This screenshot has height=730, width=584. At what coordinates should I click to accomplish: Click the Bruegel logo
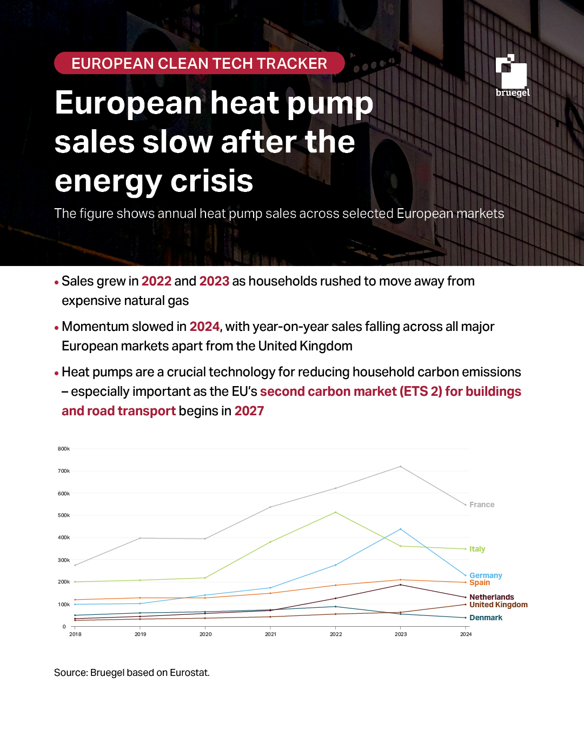tap(512, 76)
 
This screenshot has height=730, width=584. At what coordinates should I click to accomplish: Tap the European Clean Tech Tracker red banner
tap(199, 63)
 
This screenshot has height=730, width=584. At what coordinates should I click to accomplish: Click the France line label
tap(481, 505)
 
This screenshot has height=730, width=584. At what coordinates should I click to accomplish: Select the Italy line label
tap(477, 549)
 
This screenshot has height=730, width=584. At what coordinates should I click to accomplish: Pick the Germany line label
tap(486, 575)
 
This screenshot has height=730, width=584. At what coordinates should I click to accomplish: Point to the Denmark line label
tap(486, 618)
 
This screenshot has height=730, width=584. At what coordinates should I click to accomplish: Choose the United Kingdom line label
tap(498, 605)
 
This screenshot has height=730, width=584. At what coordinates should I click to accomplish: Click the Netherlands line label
tap(492, 597)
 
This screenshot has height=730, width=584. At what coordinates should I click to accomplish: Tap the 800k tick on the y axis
tap(64, 449)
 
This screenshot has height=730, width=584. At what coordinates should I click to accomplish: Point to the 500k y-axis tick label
tap(64, 515)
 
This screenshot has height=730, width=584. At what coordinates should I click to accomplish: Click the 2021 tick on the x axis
tap(270, 634)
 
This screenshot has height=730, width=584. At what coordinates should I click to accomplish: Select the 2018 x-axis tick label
tap(75, 634)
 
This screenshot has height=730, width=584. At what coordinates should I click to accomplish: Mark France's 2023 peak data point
tap(401, 466)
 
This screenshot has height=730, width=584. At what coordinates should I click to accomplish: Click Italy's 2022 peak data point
tap(336, 512)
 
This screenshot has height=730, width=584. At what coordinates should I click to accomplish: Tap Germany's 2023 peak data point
tap(401, 529)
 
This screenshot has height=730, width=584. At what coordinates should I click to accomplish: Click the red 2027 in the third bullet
tap(249, 411)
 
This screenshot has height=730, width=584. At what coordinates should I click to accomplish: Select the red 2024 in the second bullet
tap(204, 327)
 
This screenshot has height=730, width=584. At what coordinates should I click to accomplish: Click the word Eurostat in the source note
tap(189, 673)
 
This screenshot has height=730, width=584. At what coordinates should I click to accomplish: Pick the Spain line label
tap(480, 582)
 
